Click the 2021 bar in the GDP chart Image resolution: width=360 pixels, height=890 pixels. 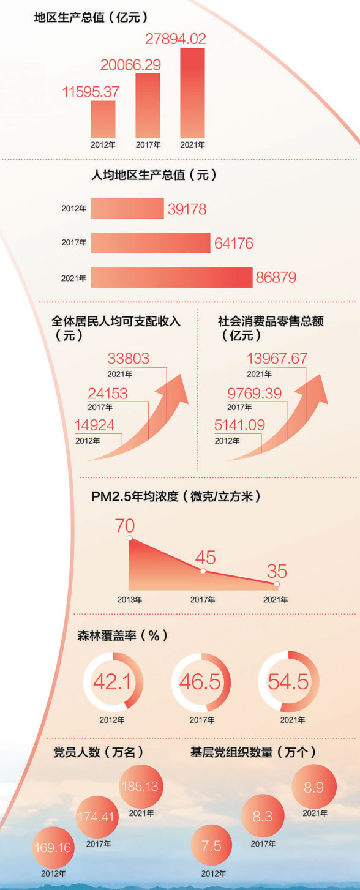tap(192, 93)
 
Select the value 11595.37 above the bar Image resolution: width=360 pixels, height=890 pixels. tap(91, 91)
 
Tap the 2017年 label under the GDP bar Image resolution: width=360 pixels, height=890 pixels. tap(147, 145)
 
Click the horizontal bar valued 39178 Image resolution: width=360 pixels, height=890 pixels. tap(127, 208)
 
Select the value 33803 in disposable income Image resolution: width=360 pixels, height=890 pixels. tap(128, 359)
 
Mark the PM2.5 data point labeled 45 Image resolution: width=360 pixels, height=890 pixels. tap(203, 571)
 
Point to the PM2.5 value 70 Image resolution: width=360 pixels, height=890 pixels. tap(124, 525)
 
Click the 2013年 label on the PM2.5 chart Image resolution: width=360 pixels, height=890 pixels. tap(130, 600)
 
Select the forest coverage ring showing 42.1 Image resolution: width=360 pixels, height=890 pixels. tap(113, 681)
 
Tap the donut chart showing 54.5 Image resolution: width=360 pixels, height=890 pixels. tap(288, 681)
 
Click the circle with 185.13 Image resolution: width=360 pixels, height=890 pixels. tap(141, 786)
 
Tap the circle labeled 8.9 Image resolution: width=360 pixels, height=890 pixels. tap(314, 787)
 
